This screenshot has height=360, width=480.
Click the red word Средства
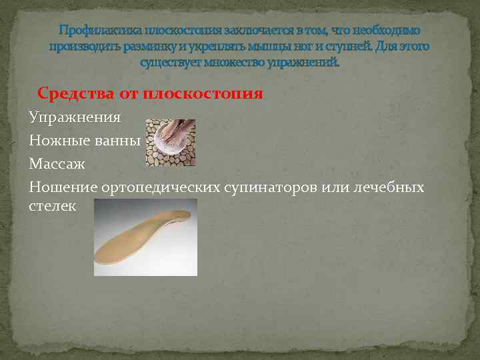click(76, 93)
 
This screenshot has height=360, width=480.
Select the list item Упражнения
click(75, 118)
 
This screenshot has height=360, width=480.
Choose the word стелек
click(53, 206)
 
